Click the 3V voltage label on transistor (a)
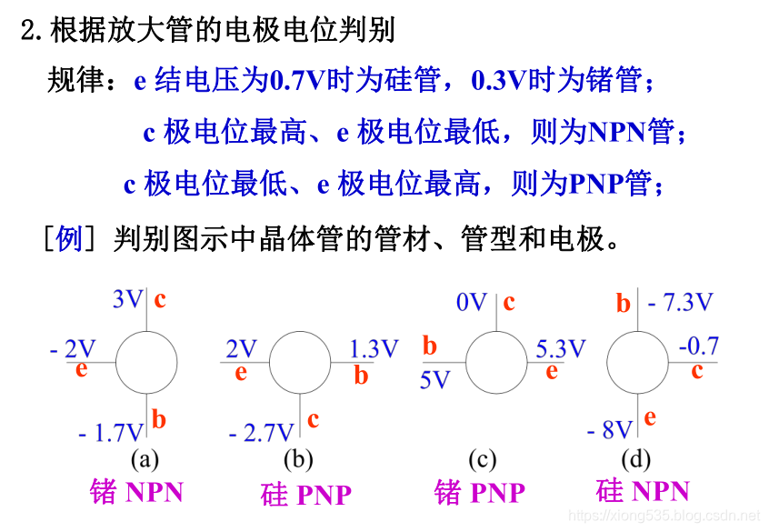[x=127, y=299]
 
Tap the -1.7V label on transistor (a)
[x=111, y=432]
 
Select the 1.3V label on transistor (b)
[x=375, y=349]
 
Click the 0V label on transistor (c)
[x=473, y=302]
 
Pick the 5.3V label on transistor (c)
[x=561, y=349]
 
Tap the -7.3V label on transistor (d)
[x=681, y=302]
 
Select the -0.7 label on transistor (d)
[x=698, y=346]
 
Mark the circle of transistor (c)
[x=496, y=361]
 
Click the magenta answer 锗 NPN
[x=136, y=492]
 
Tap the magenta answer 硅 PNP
[x=305, y=495]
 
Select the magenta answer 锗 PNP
[x=480, y=493]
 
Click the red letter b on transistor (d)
[x=623, y=304]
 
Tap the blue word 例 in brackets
[x=69, y=239]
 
